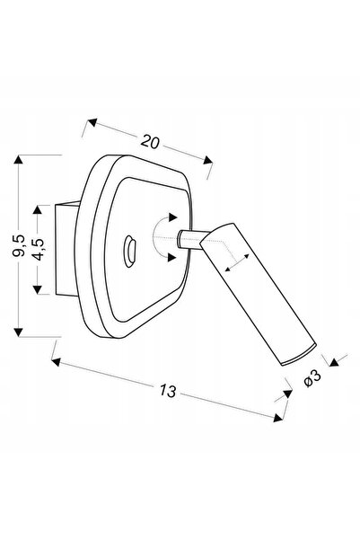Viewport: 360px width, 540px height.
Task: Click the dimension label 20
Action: point(150,142)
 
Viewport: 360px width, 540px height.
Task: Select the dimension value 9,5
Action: point(19,245)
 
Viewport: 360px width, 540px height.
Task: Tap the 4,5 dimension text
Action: point(38,250)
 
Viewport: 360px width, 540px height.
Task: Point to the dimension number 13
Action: point(168,391)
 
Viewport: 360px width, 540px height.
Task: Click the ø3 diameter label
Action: point(312,378)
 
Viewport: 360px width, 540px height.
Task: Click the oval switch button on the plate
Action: point(130,252)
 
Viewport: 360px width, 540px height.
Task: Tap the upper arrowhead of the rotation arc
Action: point(172,217)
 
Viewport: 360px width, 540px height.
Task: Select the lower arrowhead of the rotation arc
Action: point(171,257)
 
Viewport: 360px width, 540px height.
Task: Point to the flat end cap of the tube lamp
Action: point(299,355)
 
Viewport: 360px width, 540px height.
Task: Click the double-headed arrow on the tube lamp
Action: point(237,262)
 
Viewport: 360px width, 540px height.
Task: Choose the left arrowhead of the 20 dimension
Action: point(92,122)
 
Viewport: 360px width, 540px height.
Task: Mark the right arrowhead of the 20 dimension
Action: point(207,160)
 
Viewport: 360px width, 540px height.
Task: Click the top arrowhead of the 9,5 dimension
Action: point(19,159)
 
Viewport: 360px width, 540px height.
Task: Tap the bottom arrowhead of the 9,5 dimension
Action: point(19,332)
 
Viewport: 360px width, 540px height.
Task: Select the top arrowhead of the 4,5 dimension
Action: point(38,209)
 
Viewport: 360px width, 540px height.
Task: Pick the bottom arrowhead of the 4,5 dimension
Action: point(38,289)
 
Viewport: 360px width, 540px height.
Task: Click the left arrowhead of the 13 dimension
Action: point(56,362)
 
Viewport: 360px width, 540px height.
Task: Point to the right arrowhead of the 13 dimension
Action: point(278,418)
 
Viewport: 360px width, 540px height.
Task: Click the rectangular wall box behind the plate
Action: point(66,250)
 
